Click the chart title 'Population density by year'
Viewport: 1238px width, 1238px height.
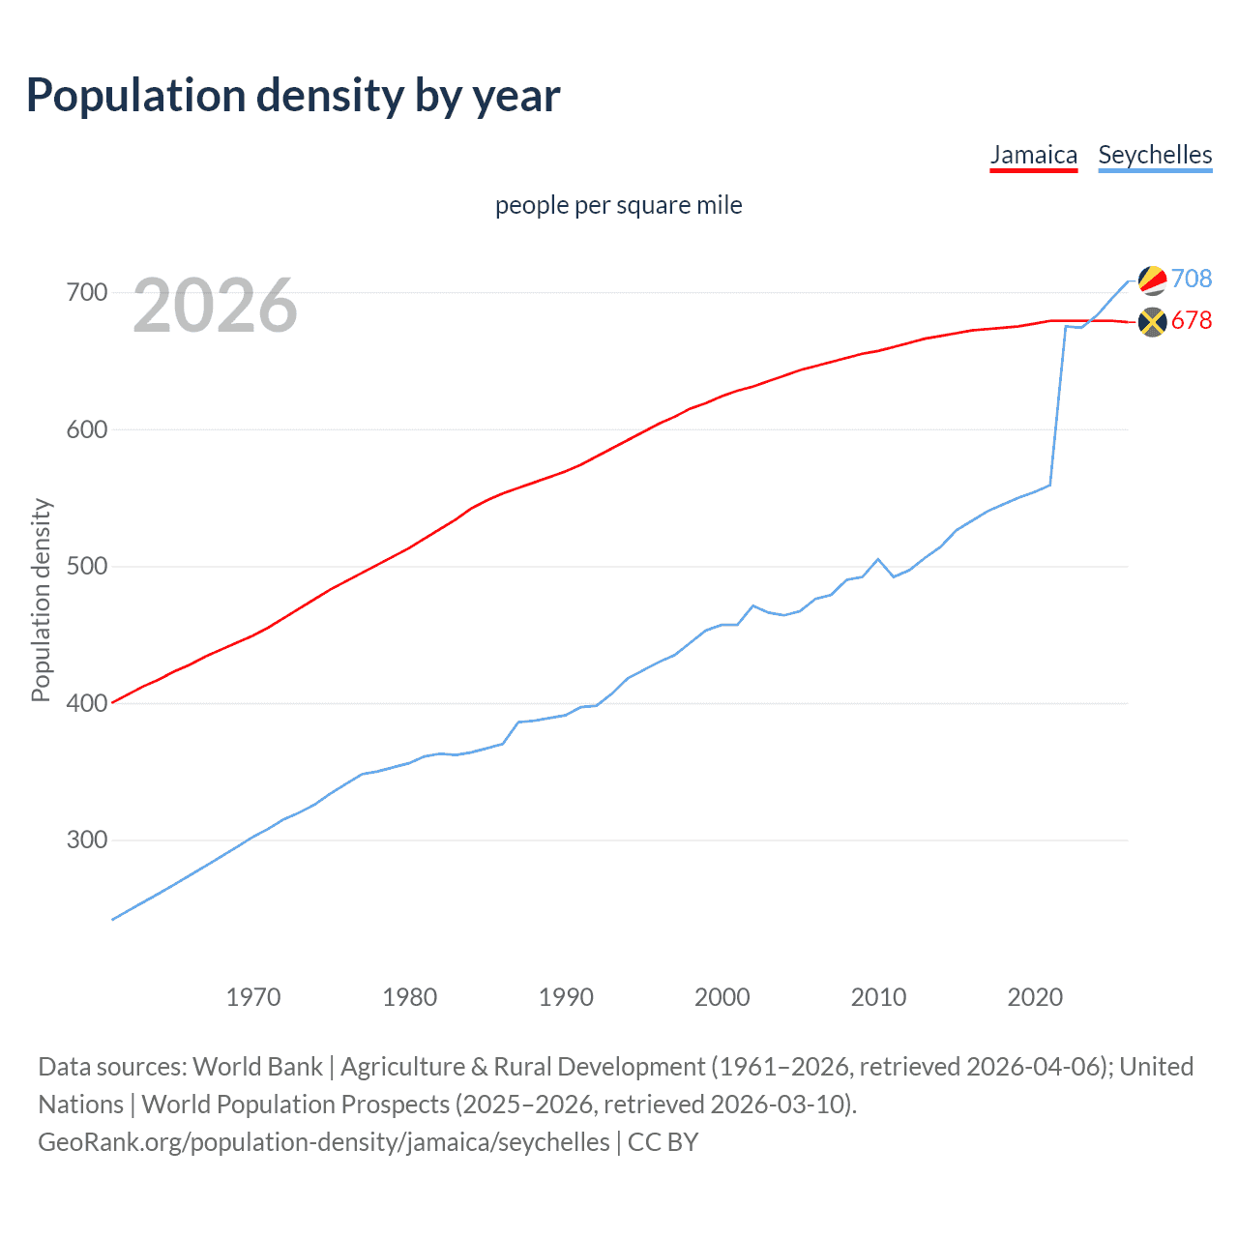(293, 96)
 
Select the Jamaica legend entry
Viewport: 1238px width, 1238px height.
(1033, 156)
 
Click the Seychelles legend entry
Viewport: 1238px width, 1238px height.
(1155, 156)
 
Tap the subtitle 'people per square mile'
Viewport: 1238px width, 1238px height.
(618, 206)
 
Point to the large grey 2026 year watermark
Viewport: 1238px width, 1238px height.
(215, 307)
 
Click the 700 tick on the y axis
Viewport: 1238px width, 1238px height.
(86, 292)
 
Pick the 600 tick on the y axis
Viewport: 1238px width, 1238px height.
(86, 429)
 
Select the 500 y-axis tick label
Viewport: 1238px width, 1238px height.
(86, 566)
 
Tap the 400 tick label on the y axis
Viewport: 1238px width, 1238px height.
(86, 703)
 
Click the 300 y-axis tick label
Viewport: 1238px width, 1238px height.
(86, 840)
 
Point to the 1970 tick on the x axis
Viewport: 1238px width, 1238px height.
(253, 997)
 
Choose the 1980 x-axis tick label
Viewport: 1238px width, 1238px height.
(410, 997)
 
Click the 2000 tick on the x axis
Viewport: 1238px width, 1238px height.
(722, 997)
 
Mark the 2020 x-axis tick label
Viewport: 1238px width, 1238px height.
(1035, 997)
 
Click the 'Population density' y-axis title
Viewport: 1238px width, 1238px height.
(41, 600)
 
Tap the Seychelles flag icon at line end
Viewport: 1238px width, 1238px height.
(1152, 280)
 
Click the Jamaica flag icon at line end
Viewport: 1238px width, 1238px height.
(1152, 322)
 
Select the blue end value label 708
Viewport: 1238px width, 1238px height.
(1192, 279)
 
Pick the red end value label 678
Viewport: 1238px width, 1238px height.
(1192, 321)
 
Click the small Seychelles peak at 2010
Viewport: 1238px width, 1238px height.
(878, 559)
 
